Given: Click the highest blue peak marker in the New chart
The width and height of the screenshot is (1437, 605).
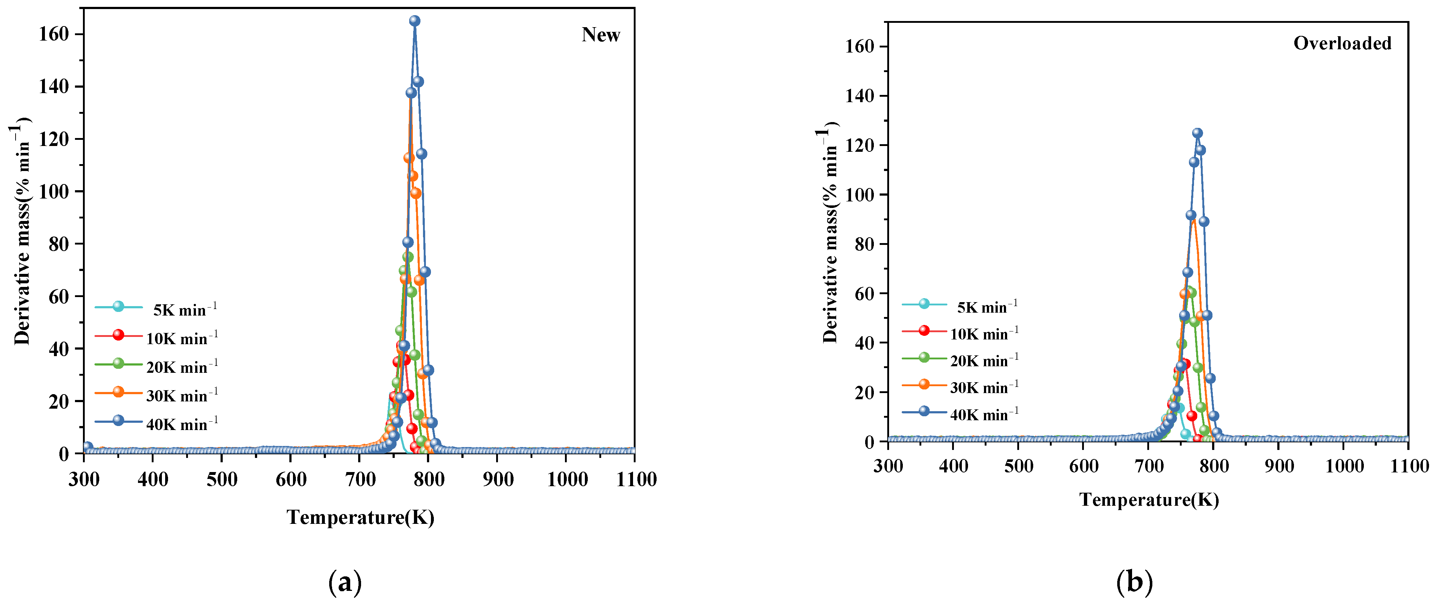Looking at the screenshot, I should click(x=414, y=21).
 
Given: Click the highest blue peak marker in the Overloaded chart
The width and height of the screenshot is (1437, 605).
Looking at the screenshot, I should click(x=1197, y=133).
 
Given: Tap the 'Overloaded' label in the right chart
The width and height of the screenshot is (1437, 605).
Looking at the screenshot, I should click(x=1342, y=43).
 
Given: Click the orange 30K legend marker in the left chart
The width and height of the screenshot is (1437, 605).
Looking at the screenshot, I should click(x=118, y=392).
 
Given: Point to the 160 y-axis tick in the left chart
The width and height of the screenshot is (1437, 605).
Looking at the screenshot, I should click(x=54, y=34).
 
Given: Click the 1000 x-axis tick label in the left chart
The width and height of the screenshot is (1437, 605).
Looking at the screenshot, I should click(x=567, y=479).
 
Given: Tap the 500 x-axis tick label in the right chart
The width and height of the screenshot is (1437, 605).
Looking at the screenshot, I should click(x=1019, y=466).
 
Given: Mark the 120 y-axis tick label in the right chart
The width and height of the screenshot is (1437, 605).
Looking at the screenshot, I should click(x=860, y=145).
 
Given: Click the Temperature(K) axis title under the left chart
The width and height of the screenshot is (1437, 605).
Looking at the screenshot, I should click(x=360, y=517).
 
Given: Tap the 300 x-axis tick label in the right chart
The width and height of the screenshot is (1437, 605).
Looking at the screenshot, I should click(x=888, y=466).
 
